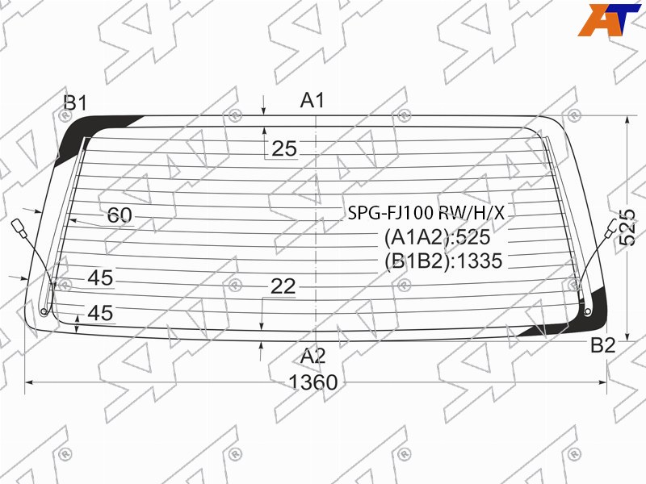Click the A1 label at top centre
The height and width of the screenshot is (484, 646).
[313, 100]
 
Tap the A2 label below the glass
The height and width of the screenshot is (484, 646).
[313, 356]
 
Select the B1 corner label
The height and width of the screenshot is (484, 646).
[75, 103]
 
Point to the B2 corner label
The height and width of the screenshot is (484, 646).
[603, 345]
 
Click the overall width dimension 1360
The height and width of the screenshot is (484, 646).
[313, 382]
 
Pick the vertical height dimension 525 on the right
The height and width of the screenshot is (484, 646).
[627, 227]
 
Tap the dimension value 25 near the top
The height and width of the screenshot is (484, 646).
[284, 148]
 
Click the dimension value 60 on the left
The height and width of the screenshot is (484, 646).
[120, 215]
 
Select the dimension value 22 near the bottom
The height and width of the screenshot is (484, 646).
[283, 286]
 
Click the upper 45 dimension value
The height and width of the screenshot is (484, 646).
[100, 278]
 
